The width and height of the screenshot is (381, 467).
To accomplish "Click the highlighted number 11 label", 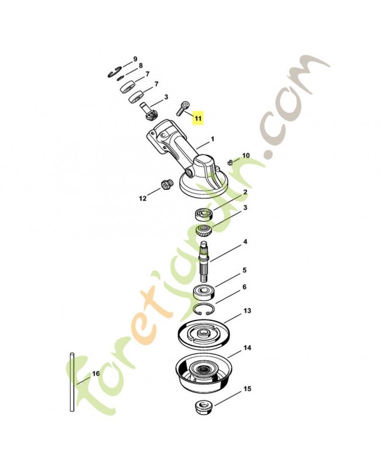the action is click(198, 118).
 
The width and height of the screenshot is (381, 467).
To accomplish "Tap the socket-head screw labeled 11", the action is click(182, 109).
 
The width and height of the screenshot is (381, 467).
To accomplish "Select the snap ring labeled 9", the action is click(115, 72).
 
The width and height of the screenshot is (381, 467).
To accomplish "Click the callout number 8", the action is click(140, 65).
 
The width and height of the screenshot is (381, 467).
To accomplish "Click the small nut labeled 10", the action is click(229, 162).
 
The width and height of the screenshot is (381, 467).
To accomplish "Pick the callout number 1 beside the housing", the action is click(213, 139).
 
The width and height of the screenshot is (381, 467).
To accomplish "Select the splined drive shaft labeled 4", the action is click(205, 260).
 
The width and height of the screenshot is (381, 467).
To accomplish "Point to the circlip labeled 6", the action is click(204, 310).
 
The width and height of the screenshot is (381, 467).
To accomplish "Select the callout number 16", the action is click(96, 374).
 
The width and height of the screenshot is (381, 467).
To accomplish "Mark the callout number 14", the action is click(247, 347).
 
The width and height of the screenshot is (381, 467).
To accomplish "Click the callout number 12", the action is click(143, 198).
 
